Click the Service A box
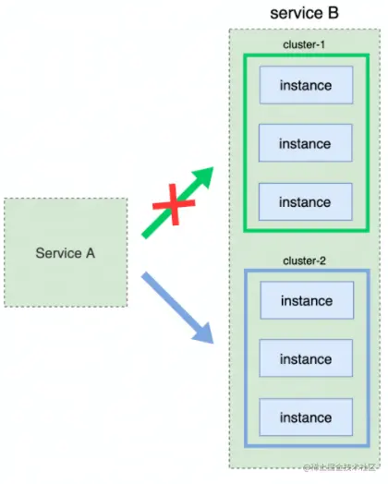click(x=66, y=252)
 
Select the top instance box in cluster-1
click(x=306, y=86)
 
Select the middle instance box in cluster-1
click(x=306, y=144)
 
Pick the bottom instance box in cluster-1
click(x=306, y=201)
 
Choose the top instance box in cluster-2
click(x=306, y=301)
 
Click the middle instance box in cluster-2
click(x=306, y=359)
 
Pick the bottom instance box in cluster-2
click(x=306, y=417)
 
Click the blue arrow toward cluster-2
click(x=176, y=304)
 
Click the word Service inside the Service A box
click(x=55, y=252)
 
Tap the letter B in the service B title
click(x=333, y=13)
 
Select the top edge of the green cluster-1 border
click(x=306, y=56)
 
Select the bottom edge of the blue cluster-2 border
click(x=306, y=445)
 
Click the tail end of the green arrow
click(x=146, y=233)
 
